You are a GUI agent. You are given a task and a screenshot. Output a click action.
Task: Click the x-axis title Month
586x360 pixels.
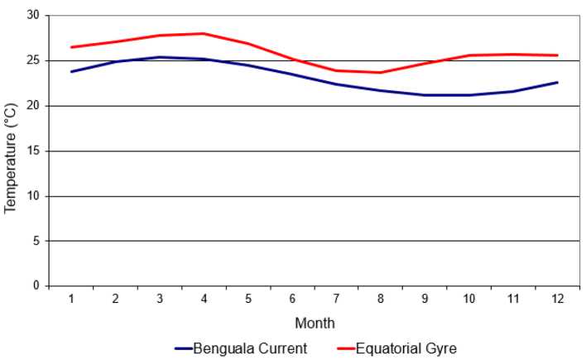point(315,323)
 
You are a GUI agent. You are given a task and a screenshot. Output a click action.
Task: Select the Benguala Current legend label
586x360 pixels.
point(250,348)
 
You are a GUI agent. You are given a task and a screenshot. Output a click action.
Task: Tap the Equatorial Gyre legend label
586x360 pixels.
point(406,348)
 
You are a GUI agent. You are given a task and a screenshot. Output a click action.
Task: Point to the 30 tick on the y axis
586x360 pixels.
point(32,16)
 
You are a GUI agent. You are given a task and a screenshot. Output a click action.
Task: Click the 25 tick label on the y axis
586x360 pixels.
point(32,60)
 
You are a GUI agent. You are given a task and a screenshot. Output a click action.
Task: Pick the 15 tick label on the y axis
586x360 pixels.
point(32,151)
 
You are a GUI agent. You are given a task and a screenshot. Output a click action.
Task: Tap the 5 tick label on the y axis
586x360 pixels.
point(36,241)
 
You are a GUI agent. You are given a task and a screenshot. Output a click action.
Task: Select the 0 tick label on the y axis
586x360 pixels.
point(36,286)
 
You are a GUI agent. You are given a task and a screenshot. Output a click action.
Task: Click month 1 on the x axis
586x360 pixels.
point(71,299)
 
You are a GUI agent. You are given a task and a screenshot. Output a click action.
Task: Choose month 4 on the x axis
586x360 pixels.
point(204,299)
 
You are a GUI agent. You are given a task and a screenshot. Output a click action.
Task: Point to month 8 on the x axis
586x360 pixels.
point(381,299)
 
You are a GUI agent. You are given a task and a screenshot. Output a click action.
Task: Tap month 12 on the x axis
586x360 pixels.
point(557,299)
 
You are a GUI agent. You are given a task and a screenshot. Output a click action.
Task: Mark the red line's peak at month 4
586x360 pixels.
point(204,34)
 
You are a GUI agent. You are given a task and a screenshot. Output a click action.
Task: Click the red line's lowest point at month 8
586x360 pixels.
point(381,73)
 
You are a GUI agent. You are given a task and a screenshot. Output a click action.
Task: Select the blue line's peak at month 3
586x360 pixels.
point(160,57)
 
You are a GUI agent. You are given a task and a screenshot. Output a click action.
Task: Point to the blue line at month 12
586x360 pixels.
point(557,83)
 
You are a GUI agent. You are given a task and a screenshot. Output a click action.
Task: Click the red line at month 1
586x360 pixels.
point(71,47)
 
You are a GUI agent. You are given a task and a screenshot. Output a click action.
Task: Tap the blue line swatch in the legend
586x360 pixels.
point(183,348)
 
